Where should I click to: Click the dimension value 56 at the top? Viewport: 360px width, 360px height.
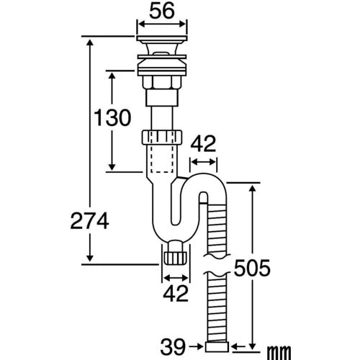[162, 12]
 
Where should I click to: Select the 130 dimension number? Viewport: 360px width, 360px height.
[112, 117]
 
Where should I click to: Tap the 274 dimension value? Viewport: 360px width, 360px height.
[90, 221]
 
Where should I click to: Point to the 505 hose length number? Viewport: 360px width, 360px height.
[252, 268]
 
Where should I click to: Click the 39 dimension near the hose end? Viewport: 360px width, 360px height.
[174, 347]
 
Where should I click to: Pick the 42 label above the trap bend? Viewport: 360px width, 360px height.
[203, 143]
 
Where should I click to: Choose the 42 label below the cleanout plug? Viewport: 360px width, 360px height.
[176, 294]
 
